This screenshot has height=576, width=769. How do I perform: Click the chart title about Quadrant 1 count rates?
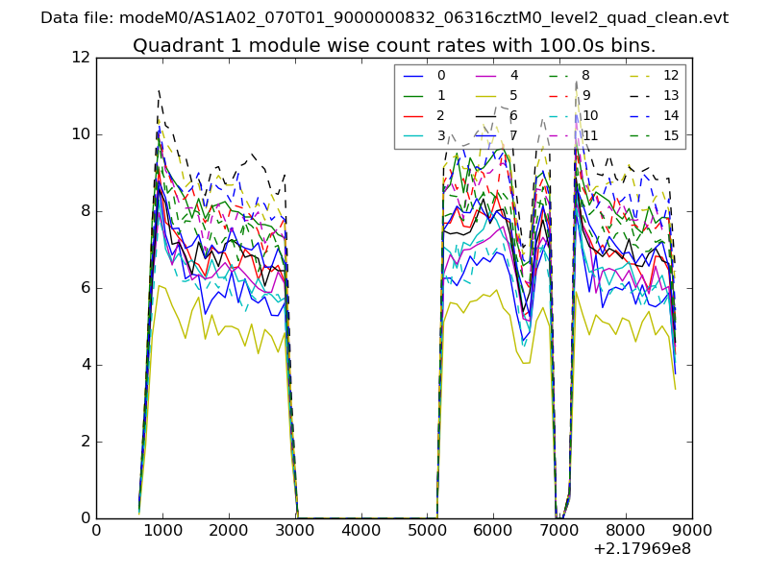pyautogui.click(x=394, y=45)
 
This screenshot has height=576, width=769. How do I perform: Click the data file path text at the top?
pyautogui.click(x=384, y=18)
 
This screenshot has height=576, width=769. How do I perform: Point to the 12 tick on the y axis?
pyautogui.click(x=82, y=58)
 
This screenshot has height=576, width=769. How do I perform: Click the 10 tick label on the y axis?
pyautogui.click(x=82, y=134)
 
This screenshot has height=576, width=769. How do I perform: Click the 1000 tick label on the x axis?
pyautogui.click(x=162, y=529)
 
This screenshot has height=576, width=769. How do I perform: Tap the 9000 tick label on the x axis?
pyautogui.click(x=692, y=529)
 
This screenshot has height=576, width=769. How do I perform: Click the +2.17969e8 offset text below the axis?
pyautogui.click(x=644, y=549)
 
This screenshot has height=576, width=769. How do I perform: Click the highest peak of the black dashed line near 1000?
pyautogui.click(x=159, y=90)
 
